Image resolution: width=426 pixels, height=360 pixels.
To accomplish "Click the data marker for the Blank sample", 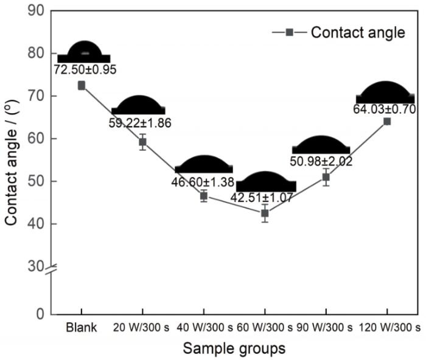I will pyautogui.click(x=82, y=86).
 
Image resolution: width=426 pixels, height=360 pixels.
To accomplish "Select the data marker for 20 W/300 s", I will pyautogui.click(x=142, y=142).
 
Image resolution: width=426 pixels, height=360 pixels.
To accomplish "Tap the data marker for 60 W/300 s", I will pyautogui.click(x=265, y=213).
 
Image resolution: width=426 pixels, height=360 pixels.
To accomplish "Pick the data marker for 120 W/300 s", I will pyautogui.click(x=387, y=121).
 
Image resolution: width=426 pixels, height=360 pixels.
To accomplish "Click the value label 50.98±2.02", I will pyautogui.click(x=322, y=162).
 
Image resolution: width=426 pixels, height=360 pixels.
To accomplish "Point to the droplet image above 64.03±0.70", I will pyautogui.click(x=385, y=93).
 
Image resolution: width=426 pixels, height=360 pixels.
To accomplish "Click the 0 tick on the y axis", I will pyautogui.click(x=40, y=314).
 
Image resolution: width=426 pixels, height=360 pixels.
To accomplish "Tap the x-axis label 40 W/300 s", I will pyautogui.click(x=204, y=328).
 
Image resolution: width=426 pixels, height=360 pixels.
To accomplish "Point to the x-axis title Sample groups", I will pyautogui.click(x=233, y=349).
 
